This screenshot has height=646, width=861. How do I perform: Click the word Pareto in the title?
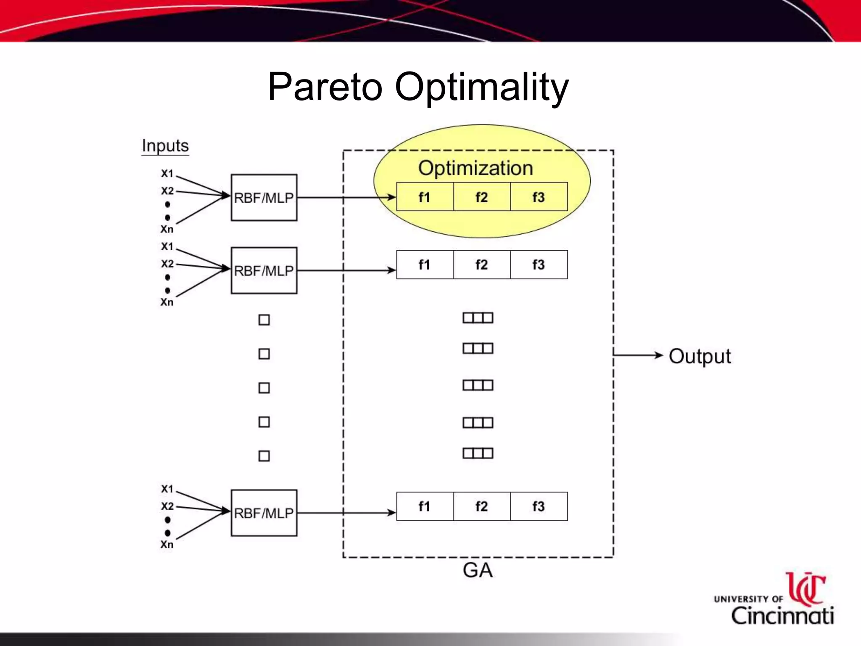325,87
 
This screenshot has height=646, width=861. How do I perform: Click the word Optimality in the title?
482,87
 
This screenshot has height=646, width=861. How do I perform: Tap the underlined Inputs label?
165,146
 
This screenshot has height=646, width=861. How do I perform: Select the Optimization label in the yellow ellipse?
475,168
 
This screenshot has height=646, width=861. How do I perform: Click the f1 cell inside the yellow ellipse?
425,197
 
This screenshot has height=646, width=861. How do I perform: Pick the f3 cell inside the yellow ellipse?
539,197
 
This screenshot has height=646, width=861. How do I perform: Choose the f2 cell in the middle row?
482,265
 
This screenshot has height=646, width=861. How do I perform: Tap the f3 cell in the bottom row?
539,506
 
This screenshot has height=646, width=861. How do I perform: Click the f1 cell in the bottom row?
425,506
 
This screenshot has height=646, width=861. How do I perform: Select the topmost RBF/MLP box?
264,197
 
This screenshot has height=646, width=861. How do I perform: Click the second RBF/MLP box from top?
264,270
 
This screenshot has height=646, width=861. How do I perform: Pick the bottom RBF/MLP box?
264,513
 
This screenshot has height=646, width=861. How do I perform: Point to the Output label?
700,356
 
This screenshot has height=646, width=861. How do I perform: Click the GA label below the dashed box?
478,571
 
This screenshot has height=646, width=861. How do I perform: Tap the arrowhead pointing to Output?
659,355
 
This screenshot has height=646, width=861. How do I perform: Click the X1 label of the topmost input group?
167,173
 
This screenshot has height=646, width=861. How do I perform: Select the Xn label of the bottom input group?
167,545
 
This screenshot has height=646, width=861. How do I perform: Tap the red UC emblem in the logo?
806,588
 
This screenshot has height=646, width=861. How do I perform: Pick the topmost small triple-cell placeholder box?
478,318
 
